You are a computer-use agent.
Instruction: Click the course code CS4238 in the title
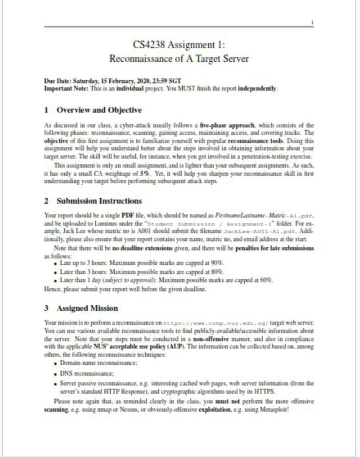coord(149,44)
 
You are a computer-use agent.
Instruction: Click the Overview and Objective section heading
coord(99,110)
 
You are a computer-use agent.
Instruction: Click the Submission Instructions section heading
coord(99,201)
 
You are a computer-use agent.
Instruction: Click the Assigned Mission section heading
coord(88,308)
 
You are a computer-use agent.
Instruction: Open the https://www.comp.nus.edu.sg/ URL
coord(204,323)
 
